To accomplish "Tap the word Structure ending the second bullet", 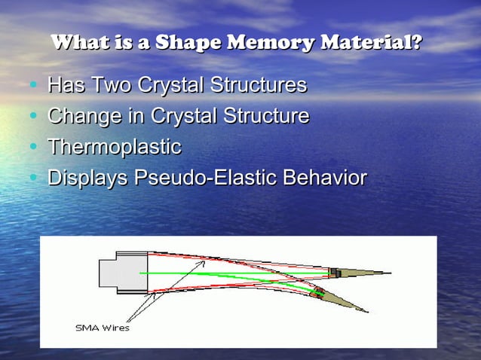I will tap(265, 117).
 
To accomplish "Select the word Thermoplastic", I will tap(114, 148).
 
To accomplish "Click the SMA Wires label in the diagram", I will tap(102, 328).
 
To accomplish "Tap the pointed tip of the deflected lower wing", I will tap(367, 312).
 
